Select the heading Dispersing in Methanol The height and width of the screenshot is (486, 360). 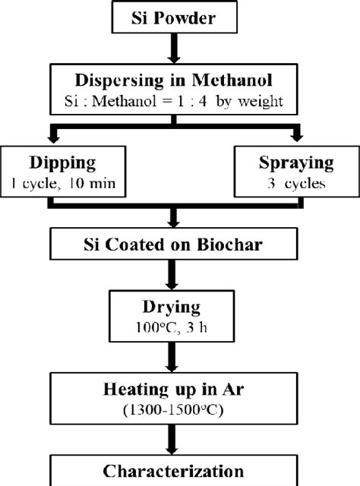(x=180, y=79)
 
